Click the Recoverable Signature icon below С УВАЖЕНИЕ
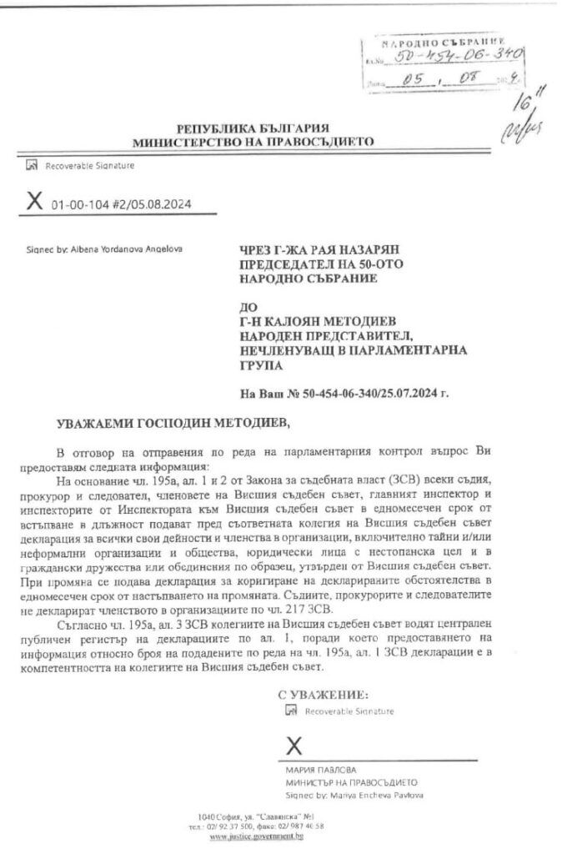pos(290,711)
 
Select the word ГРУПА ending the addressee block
pos(258,364)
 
